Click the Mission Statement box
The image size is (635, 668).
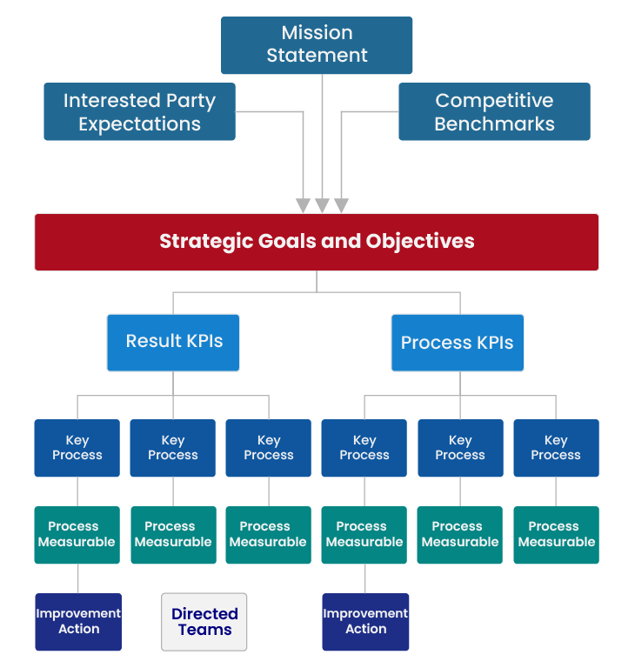point(317,44)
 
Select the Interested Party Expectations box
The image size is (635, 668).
point(139,112)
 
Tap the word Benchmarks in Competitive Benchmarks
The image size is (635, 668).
point(494,124)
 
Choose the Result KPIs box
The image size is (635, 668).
point(173,342)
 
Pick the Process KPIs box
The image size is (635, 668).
point(458,343)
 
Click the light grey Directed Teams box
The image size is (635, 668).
point(204,622)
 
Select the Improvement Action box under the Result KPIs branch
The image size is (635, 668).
point(78,622)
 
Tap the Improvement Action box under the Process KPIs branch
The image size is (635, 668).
point(365,622)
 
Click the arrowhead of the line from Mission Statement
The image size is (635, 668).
point(323,205)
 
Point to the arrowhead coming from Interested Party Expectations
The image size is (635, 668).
point(303,205)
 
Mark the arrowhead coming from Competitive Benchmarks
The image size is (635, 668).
point(342,205)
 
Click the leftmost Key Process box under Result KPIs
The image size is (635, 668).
point(77,448)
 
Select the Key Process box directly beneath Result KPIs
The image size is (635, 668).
point(173,448)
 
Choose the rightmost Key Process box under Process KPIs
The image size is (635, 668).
point(556,448)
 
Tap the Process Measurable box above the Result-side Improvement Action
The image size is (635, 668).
point(77,534)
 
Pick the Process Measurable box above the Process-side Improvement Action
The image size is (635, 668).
point(364,534)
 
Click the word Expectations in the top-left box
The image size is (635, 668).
point(139,124)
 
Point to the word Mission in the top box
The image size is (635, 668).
point(317,33)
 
